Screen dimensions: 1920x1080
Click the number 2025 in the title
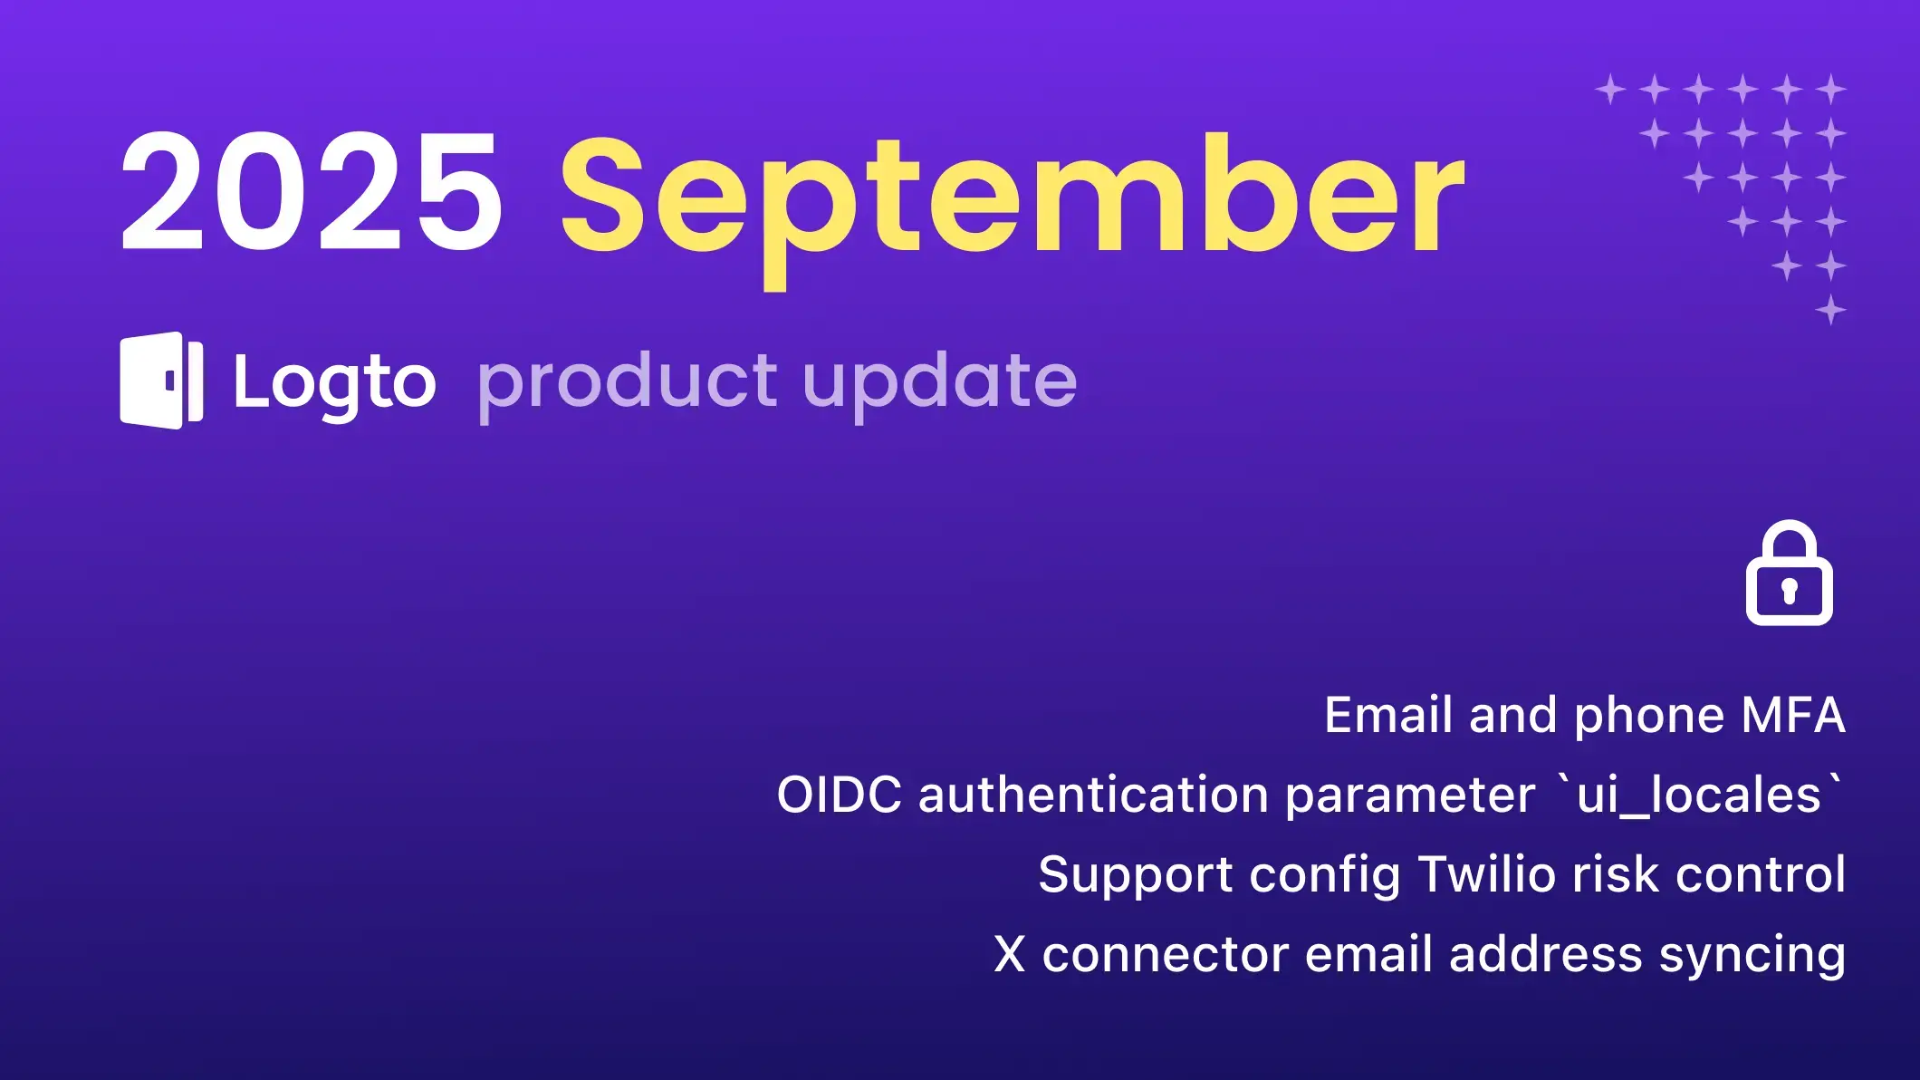point(312,190)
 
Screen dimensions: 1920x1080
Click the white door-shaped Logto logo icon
point(161,381)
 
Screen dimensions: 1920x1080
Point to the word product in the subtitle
point(627,384)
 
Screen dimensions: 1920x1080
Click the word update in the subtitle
point(940,384)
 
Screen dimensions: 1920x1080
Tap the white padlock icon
point(1789,573)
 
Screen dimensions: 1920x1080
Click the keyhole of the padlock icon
point(1789,592)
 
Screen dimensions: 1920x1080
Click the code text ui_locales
point(1699,796)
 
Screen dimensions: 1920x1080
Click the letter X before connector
point(1010,954)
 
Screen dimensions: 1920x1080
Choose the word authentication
point(1093,795)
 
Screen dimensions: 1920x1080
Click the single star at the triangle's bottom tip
point(1830,310)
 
